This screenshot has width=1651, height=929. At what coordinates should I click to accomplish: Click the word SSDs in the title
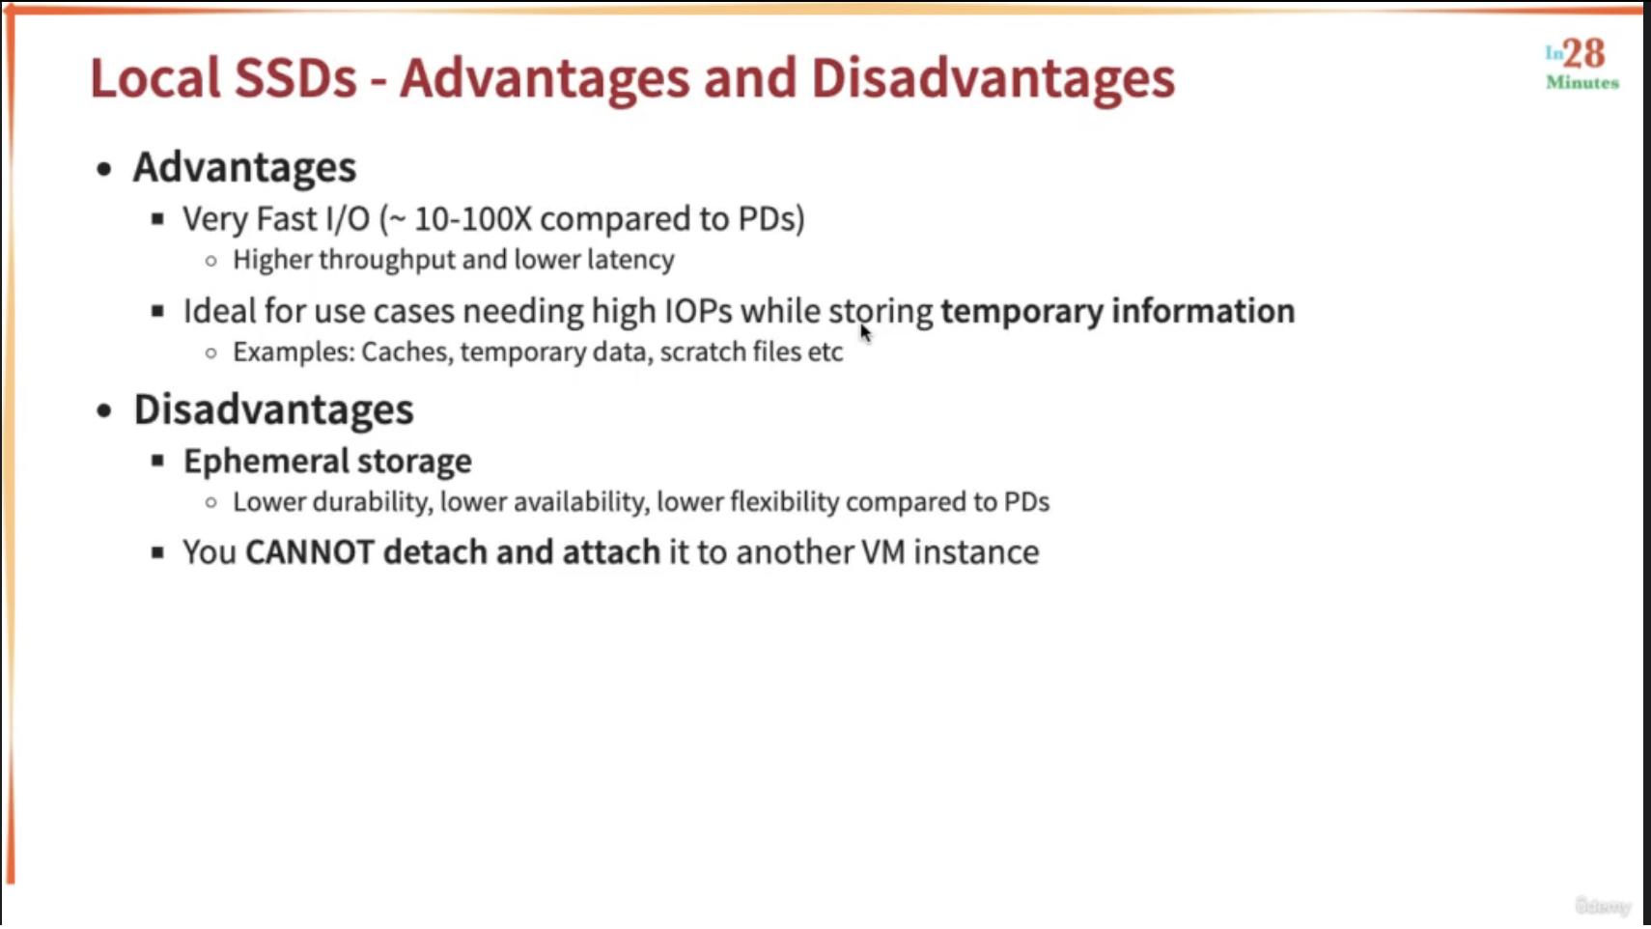(x=295, y=77)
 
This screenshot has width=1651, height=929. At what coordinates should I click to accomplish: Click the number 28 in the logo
(x=1584, y=53)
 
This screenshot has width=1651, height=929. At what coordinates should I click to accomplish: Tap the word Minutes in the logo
(x=1582, y=83)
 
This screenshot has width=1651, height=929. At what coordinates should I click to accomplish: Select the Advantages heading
(x=244, y=167)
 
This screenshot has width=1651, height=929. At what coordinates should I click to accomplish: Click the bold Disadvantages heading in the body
(x=273, y=409)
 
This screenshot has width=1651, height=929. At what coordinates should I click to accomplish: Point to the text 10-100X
(x=472, y=219)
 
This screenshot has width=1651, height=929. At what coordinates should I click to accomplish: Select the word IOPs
(x=698, y=311)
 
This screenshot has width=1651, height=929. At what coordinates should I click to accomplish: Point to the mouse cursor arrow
(x=865, y=332)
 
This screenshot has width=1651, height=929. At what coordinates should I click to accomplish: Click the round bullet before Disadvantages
(x=104, y=410)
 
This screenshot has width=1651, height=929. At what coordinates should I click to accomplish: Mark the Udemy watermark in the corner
(x=1603, y=906)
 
